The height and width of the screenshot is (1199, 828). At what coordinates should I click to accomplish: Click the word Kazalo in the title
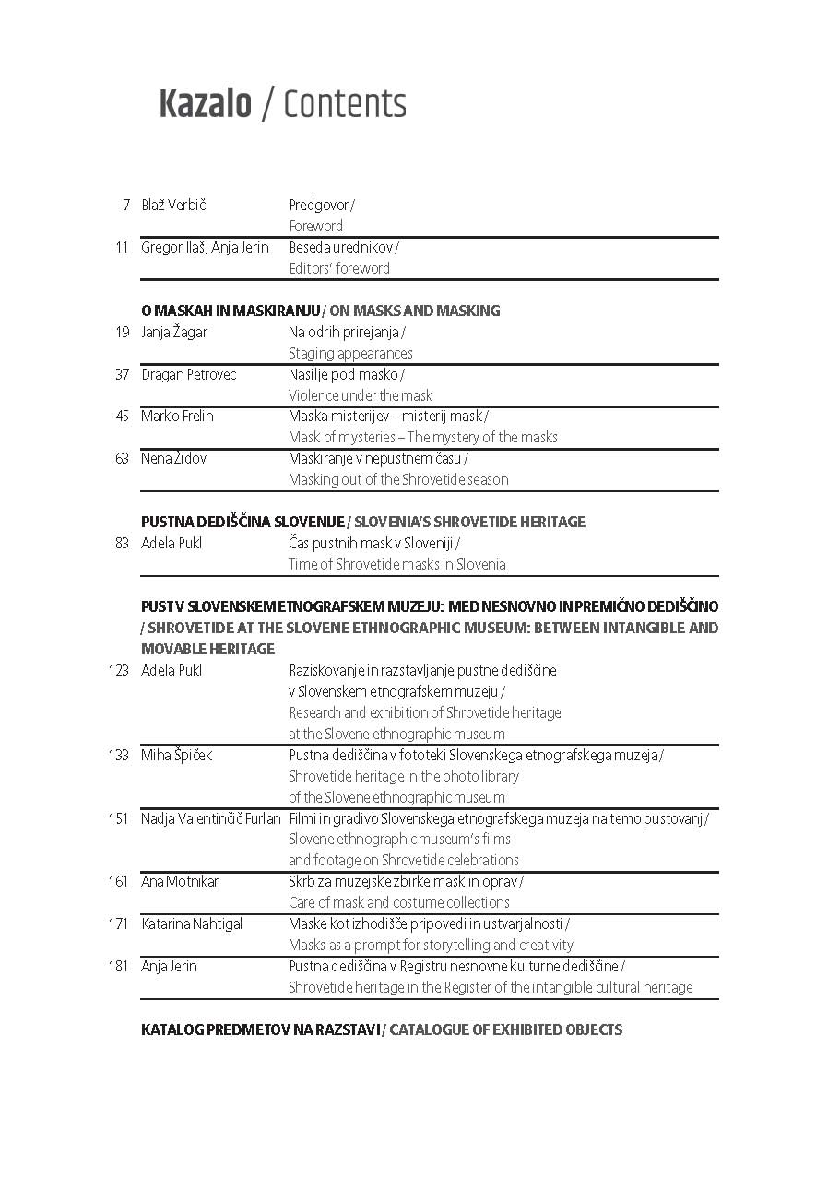pos(205,104)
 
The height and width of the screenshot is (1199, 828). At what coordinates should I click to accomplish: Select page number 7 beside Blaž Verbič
pos(125,205)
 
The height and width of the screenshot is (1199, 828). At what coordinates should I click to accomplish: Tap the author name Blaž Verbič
pos(173,205)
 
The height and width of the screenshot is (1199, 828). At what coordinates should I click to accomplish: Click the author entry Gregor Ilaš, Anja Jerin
pos(205,247)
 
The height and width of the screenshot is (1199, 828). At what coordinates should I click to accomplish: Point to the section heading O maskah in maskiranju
pos(231,311)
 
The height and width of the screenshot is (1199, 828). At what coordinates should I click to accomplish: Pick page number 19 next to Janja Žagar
pos(122,332)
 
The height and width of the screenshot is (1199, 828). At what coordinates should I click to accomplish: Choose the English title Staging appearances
pos(350,353)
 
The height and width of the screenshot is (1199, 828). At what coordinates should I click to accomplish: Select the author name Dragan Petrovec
pos(188,374)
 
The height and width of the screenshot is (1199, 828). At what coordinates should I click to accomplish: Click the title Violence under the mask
pos(360,395)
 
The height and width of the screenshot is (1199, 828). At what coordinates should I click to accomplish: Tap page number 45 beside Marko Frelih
pos(122,416)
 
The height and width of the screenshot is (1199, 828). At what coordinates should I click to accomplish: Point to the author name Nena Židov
pos(173,458)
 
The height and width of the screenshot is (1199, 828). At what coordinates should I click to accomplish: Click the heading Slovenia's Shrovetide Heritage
pos(469,522)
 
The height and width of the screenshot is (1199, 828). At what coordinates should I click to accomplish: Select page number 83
pos(122,543)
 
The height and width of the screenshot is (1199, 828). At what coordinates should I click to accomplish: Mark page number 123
pos(118,670)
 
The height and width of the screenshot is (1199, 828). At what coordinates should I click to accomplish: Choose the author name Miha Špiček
pos(176,755)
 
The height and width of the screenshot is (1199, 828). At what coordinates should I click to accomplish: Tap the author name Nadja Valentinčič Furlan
pos(210,818)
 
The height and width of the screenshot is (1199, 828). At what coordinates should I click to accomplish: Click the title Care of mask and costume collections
pos(398,902)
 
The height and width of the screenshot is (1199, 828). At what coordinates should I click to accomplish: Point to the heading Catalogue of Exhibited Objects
pos(505,1029)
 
